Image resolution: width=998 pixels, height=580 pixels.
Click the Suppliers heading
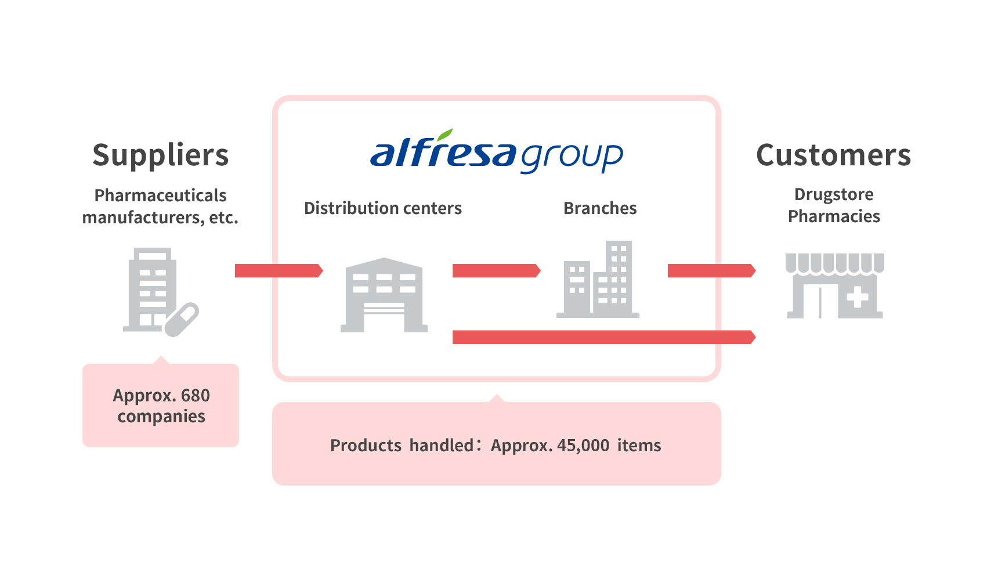(x=161, y=155)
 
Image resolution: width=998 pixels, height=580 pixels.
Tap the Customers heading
(x=834, y=155)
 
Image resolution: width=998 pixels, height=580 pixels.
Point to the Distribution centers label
(x=383, y=208)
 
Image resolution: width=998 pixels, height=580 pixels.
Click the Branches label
(x=600, y=208)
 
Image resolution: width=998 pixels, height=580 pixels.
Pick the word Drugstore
(x=834, y=195)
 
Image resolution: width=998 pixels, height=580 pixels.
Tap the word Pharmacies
(x=834, y=216)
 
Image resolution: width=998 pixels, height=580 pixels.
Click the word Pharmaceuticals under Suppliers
(x=161, y=195)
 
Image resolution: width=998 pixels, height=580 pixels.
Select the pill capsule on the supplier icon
(x=182, y=320)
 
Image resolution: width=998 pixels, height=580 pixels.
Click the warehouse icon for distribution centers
(x=384, y=295)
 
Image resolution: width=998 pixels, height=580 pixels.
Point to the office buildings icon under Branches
(x=598, y=279)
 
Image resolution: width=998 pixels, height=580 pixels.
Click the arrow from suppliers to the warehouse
(x=279, y=271)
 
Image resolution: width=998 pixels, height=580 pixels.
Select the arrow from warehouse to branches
(x=496, y=271)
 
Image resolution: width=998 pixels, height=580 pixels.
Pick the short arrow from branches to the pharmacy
(x=711, y=271)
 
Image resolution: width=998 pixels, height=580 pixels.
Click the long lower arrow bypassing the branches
(x=604, y=337)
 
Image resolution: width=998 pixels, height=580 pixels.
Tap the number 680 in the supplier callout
(x=196, y=396)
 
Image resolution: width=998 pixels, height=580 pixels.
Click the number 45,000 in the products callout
(x=583, y=445)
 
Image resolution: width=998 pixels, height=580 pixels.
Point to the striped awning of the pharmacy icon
(x=835, y=263)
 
